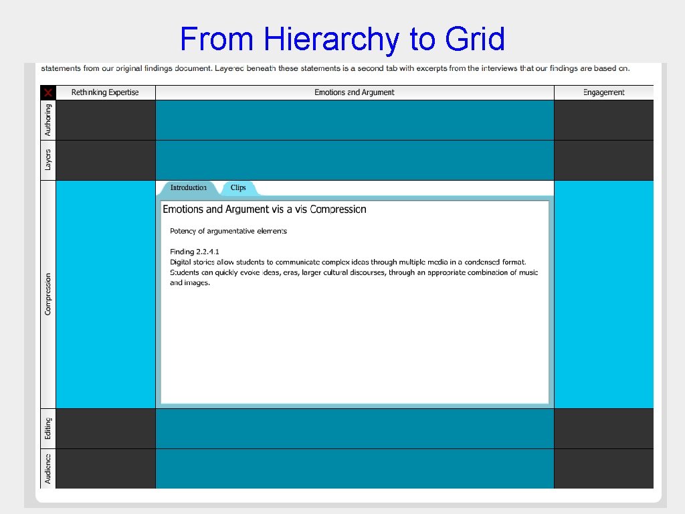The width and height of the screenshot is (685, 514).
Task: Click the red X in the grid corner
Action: click(x=48, y=92)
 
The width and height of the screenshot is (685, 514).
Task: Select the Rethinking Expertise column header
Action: click(x=105, y=92)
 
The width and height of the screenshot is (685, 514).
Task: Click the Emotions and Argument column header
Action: click(x=355, y=92)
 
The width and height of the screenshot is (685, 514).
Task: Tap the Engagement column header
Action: click(x=603, y=92)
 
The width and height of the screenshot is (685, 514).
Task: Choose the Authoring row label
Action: click(x=48, y=120)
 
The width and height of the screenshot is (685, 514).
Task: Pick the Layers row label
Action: click(x=48, y=160)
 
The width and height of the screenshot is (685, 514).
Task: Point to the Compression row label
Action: click(x=48, y=294)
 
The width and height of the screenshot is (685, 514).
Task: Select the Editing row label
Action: click(x=48, y=428)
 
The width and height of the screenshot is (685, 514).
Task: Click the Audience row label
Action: click(x=48, y=468)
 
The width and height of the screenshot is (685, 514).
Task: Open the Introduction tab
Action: click(x=188, y=188)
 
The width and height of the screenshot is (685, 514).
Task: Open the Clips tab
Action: click(x=238, y=188)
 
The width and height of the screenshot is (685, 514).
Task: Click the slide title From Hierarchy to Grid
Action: click(x=342, y=39)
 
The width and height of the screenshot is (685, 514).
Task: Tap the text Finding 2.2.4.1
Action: click(x=190, y=252)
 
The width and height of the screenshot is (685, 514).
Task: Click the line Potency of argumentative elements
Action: click(x=228, y=231)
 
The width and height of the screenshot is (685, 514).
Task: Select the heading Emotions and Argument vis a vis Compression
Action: click(x=264, y=209)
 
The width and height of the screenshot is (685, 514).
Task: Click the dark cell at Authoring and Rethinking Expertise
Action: click(x=106, y=120)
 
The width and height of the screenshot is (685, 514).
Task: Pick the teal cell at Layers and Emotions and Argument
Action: click(x=355, y=160)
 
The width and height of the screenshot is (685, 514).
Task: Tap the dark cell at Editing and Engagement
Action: click(x=603, y=428)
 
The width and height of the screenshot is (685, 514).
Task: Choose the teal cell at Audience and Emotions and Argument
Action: click(x=355, y=468)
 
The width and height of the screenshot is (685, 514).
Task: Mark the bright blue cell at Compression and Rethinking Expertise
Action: click(x=106, y=294)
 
